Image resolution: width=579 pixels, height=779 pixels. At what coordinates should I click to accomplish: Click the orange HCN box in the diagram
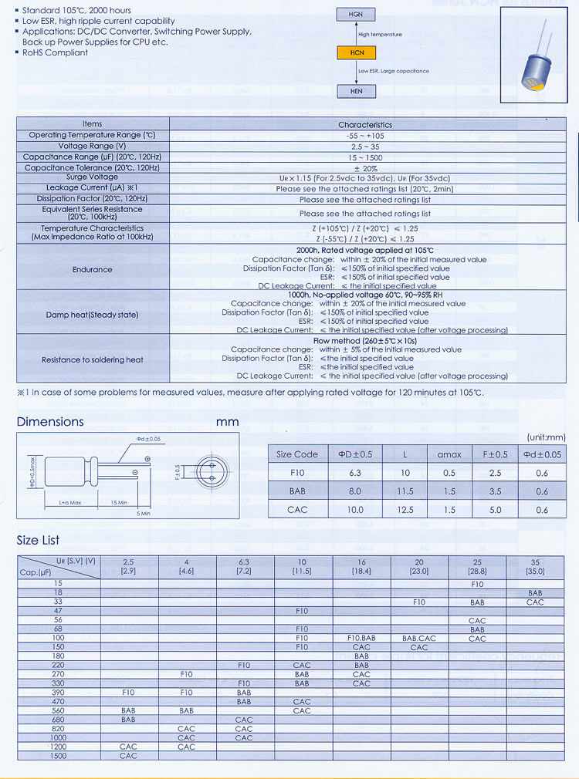356,52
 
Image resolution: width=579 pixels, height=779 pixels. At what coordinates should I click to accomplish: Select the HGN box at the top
356,15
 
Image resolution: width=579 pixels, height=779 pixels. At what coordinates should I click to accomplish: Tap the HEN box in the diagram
356,90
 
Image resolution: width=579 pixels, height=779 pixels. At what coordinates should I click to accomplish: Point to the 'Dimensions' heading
50,422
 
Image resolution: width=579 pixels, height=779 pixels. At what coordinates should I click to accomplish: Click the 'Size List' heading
38,540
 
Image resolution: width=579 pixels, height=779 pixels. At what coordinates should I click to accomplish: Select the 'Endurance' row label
93,269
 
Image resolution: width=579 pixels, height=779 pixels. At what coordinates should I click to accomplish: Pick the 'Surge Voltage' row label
93,177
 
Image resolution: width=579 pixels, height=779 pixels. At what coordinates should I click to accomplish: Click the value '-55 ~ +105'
364,135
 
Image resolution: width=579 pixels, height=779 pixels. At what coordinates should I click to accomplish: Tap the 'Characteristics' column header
364,124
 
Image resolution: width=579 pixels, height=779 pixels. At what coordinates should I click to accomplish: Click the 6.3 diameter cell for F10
355,473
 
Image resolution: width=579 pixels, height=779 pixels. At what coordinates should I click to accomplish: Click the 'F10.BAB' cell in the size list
361,638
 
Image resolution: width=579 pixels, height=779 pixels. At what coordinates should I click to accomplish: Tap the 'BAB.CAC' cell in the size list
419,638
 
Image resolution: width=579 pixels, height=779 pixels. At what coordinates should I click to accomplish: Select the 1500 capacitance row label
58,756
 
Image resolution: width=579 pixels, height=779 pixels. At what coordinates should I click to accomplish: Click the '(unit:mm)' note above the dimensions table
545,437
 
